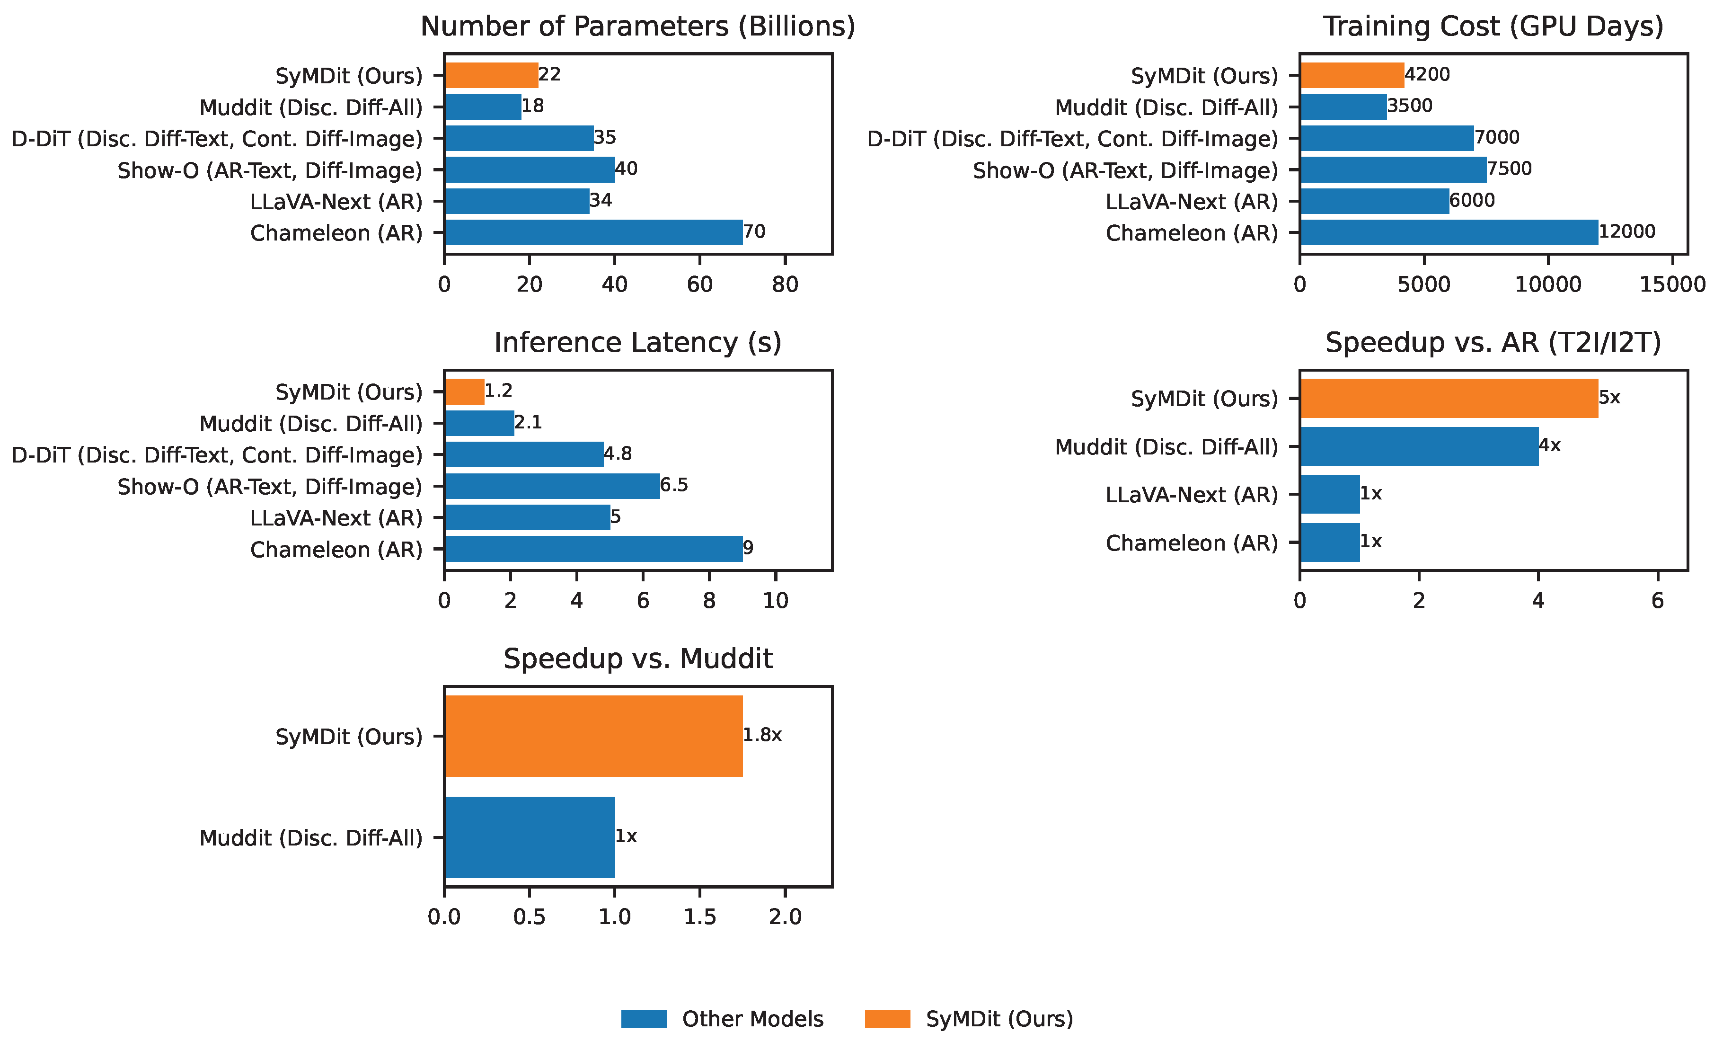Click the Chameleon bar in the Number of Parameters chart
pyautogui.click(x=594, y=232)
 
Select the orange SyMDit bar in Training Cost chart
pyautogui.click(x=1352, y=75)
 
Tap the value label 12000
pyautogui.click(x=1627, y=231)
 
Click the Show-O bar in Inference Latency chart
pyautogui.click(x=552, y=486)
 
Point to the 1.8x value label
pyautogui.click(x=762, y=735)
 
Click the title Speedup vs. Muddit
pyautogui.click(x=638, y=658)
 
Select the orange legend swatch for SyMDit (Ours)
pyautogui.click(x=888, y=1019)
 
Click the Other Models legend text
pyautogui.click(x=753, y=1019)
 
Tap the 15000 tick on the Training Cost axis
pyautogui.click(x=1673, y=284)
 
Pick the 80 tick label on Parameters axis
pyautogui.click(x=786, y=284)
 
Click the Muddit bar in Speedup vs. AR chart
pyautogui.click(x=1420, y=446)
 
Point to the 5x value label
pyautogui.click(x=1610, y=397)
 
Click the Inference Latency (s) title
pyautogui.click(x=638, y=342)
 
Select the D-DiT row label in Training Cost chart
pyautogui.click(x=1073, y=139)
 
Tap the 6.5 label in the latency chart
pyautogui.click(x=674, y=485)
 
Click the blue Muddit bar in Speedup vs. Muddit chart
pyautogui.click(x=530, y=837)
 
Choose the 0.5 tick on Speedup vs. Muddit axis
pyautogui.click(x=530, y=917)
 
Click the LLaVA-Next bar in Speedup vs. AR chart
pyautogui.click(x=1330, y=494)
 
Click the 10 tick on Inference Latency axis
pyautogui.click(x=776, y=601)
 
